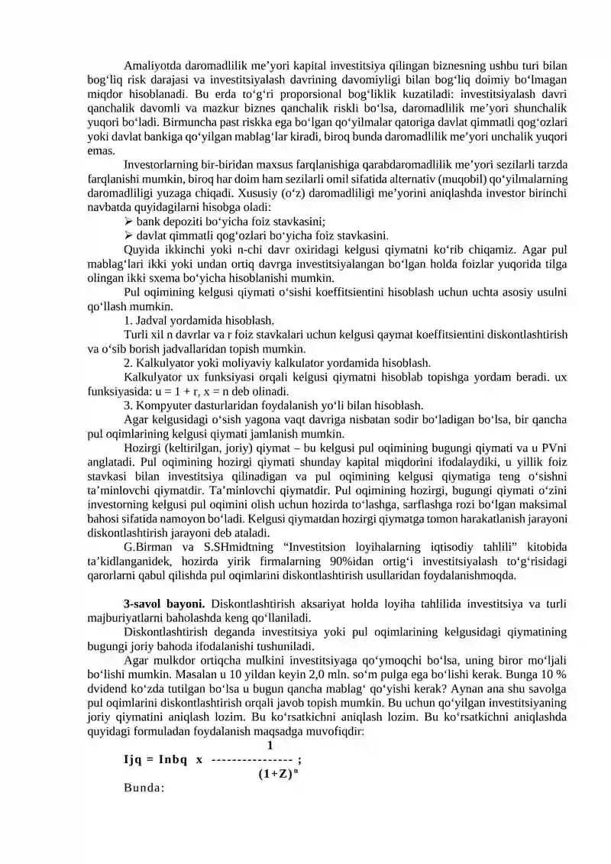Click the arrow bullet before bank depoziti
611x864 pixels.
[129, 222]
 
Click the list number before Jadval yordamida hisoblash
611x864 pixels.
[128, 320]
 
